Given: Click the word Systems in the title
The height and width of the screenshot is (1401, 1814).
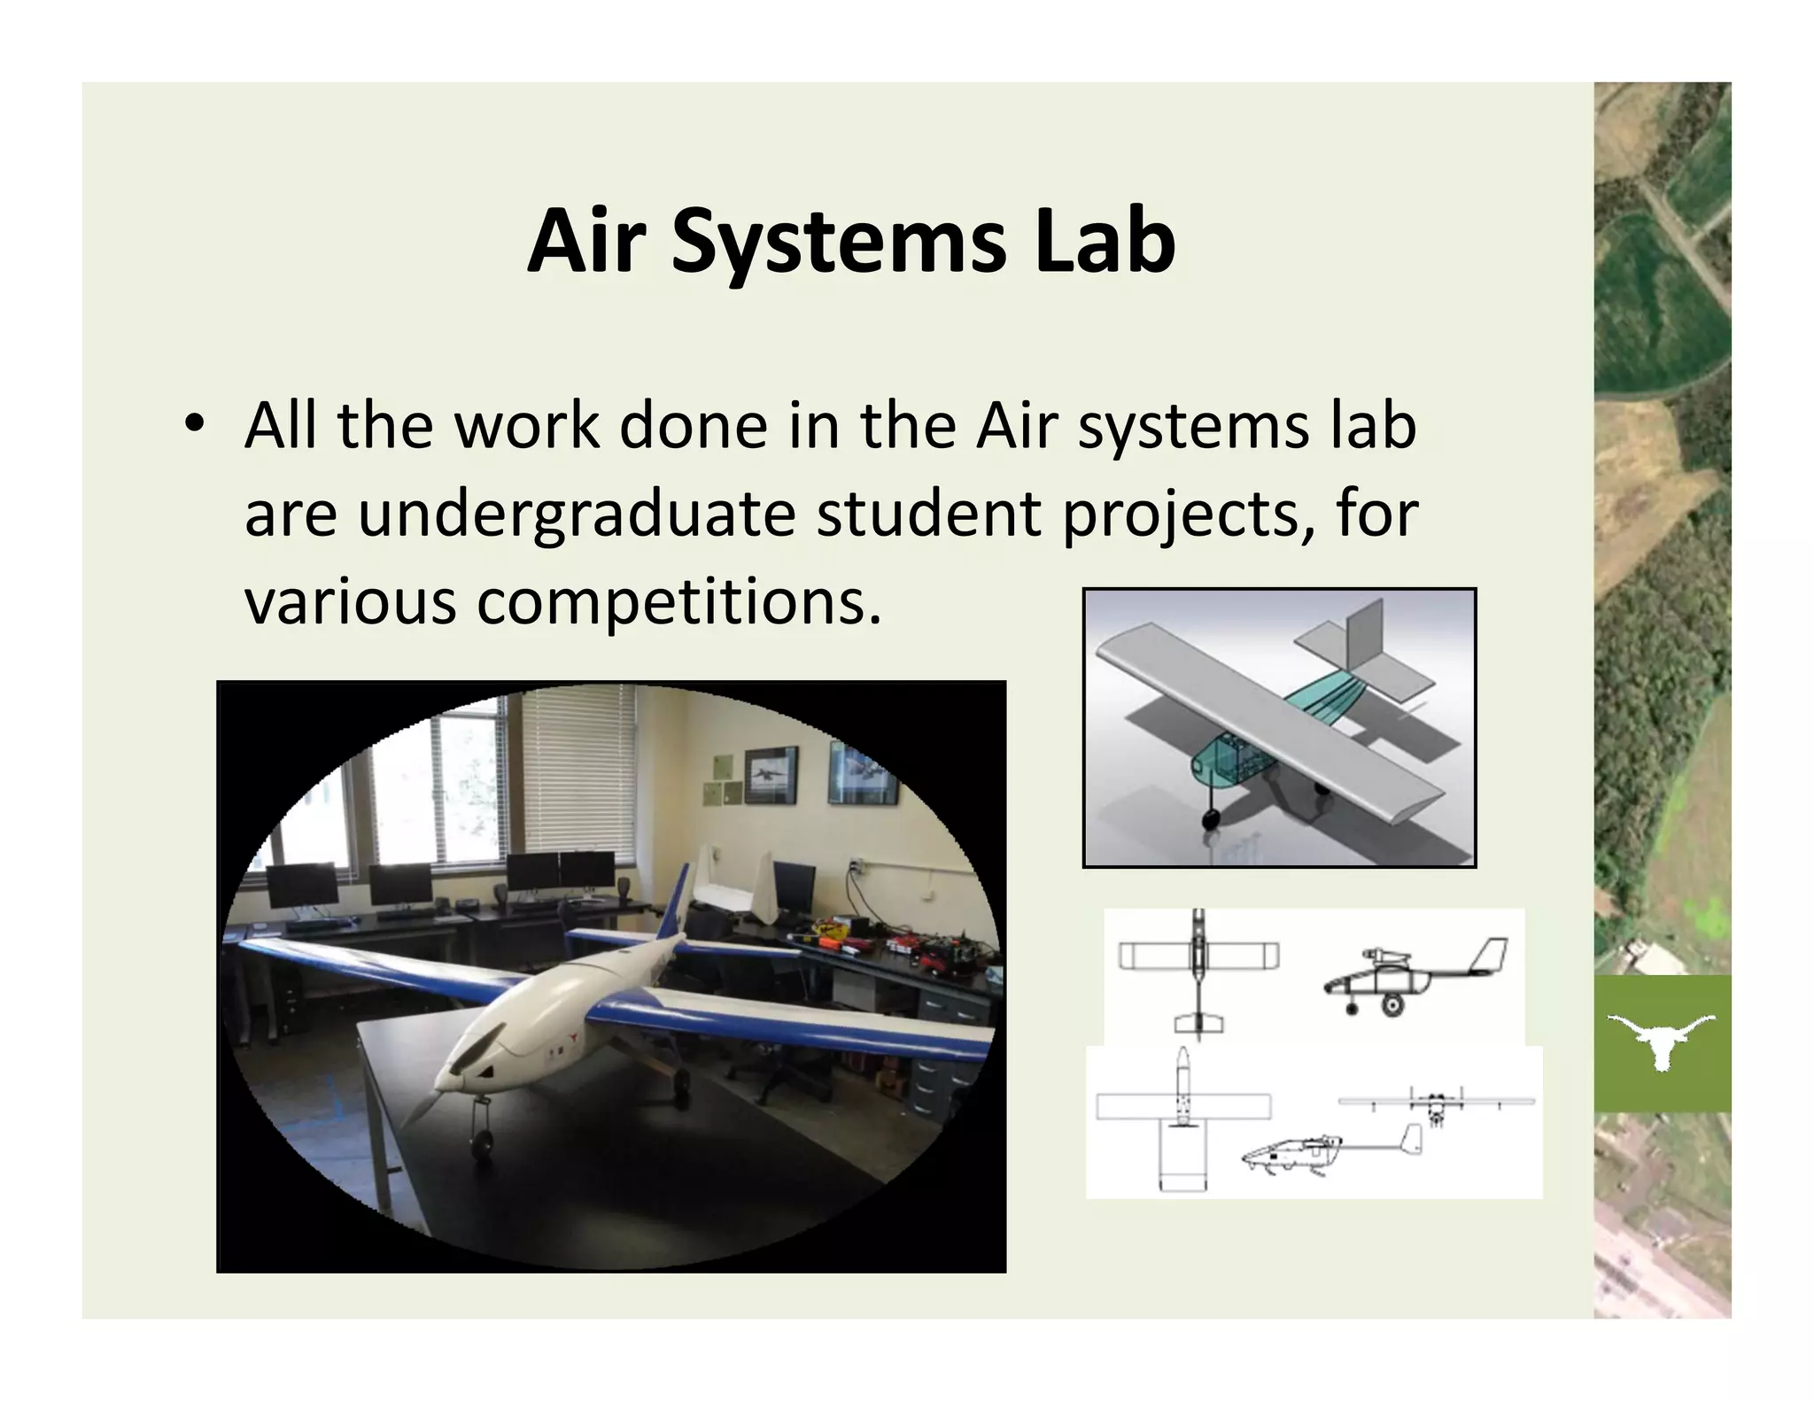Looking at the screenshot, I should click(x=838, y=243).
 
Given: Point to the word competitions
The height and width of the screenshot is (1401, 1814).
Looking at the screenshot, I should click(x=678, y=601).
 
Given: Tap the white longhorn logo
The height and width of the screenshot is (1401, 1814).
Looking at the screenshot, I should click(x=1662, y=1040).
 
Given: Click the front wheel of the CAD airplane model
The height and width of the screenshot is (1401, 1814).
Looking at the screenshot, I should click(x=1211, y=816).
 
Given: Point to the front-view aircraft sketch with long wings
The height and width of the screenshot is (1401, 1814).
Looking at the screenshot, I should click(x=1435, y=1103).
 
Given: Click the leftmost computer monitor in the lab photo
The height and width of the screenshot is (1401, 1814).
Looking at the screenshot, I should click(x=303, y=885).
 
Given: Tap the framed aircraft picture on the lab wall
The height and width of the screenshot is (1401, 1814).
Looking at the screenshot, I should click(x=770, y=774).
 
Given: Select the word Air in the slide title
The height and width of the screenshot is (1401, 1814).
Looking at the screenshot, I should click(x=585, y=241).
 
